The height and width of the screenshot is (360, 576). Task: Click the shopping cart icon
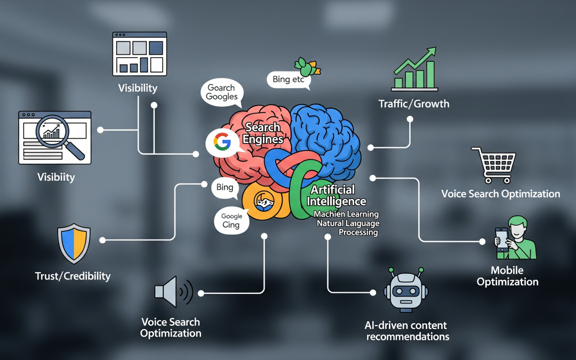(493, 164)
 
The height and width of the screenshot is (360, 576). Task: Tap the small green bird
(306, 67)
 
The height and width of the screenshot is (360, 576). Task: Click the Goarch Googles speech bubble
(222, 92)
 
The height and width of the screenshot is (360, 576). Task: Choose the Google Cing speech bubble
(232, 220)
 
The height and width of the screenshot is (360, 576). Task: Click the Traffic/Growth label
(414, 103)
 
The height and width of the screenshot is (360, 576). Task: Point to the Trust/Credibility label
(73, 276)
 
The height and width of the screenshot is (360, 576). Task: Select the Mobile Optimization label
(507, 276)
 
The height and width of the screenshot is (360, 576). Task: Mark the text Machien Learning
(346, 214)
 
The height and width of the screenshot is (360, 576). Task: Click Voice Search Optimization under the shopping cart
(500, 194)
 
